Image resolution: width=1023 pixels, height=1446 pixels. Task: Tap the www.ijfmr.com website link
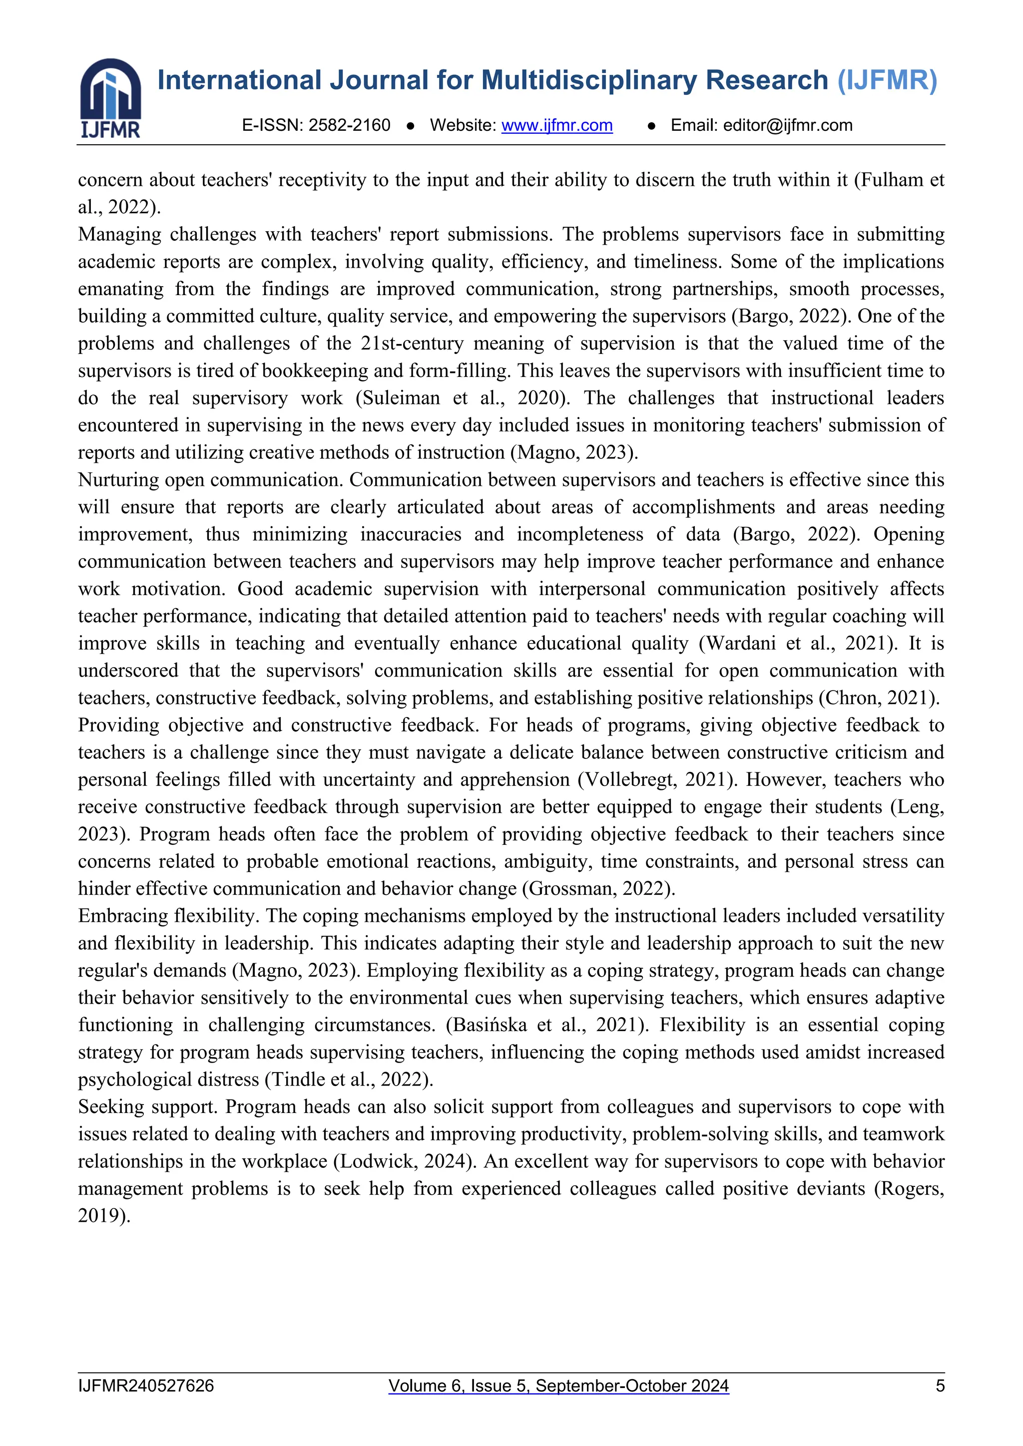pos(557,125)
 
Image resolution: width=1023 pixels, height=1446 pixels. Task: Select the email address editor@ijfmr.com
pos(787,125)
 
